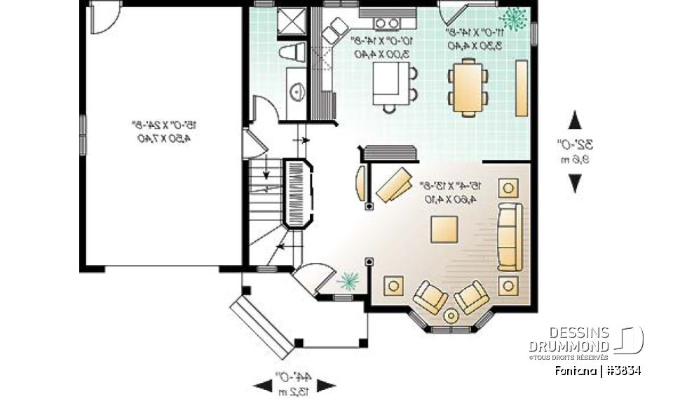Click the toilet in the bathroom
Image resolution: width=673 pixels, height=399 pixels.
click(x=292, y=53)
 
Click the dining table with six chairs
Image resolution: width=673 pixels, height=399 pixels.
click(x=468, y=86)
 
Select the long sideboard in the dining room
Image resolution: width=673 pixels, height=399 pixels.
click(x=521, y=88)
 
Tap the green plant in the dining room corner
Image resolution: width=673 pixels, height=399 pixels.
click(x=516, y=19)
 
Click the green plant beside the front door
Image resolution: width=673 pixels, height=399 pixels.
click(x=347, y=281)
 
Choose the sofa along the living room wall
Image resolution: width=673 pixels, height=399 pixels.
click(x=510, y=236)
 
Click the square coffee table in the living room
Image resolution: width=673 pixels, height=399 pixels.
click(x=444, y=229)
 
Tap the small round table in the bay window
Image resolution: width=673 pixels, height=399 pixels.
click(x=451, y=316)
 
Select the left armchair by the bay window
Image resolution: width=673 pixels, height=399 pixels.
click(x=430, y=297)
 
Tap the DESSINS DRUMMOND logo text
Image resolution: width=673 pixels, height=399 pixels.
click(x=569, y=339)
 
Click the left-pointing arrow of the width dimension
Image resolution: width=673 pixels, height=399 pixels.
click(x=264, y=385)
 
